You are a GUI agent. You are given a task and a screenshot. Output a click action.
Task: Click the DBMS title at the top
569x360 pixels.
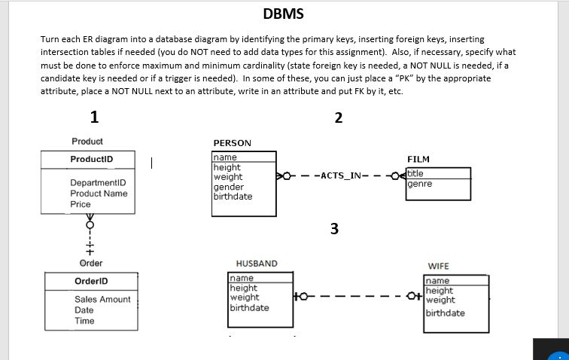click(284, 14)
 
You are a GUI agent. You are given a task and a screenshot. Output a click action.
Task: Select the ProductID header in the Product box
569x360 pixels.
click(91, 159)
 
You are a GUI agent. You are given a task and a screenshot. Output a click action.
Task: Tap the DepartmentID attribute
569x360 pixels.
click(98, 183)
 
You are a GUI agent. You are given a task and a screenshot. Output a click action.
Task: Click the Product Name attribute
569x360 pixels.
click(99, 194)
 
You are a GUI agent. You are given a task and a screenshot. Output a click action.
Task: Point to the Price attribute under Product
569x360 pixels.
click(81, 204)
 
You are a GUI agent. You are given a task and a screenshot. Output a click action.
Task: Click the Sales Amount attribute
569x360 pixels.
click(102, 299)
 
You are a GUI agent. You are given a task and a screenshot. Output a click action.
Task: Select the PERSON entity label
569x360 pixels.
click(233, 142)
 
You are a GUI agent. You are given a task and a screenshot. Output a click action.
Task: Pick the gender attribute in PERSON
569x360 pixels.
click(229, 187)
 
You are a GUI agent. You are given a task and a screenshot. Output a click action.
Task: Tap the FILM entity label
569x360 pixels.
click(418, 160)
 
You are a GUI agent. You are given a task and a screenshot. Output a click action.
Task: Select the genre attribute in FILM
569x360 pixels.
click(420, 183)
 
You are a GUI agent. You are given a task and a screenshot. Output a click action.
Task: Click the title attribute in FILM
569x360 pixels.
click(416, 172)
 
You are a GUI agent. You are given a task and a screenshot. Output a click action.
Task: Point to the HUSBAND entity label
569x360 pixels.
click(257, 264)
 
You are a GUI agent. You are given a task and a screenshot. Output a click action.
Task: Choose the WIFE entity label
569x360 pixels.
click(438, 266)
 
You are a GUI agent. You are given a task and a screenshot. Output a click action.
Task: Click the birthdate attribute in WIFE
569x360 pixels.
click(446, 313)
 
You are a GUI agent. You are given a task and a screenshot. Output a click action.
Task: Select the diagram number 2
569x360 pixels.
click(338, 117)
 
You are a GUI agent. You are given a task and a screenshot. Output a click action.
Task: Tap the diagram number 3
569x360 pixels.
click(334, 229)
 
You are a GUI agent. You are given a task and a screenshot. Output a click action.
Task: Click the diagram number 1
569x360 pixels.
click(93, 117)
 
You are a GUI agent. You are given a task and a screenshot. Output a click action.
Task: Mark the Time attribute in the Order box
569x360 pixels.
click(84, 321)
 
